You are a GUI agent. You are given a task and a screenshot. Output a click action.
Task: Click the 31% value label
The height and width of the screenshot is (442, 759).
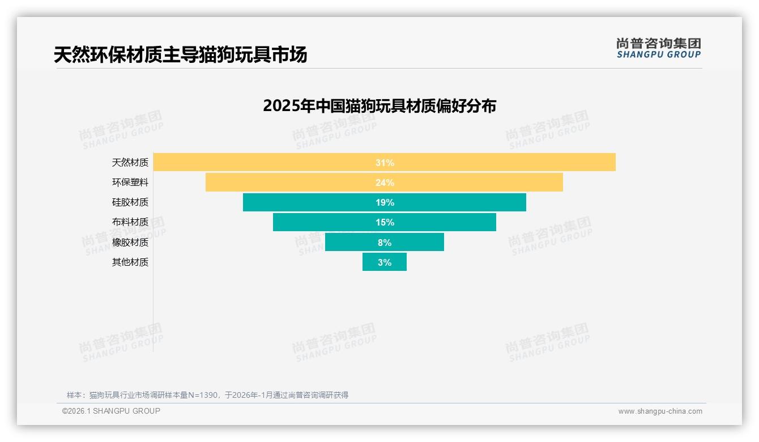[385, 163]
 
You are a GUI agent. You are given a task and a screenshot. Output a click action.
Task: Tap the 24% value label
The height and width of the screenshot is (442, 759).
[385, 182]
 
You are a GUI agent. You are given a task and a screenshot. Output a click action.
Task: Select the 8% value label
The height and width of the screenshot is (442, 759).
[385, 243]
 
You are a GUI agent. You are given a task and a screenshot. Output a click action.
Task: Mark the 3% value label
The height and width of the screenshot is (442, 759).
[385, 262]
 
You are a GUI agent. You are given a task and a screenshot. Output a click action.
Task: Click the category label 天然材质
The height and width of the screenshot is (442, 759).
[130, 163]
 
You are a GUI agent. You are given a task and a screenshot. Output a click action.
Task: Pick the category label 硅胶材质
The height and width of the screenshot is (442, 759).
[130, 202]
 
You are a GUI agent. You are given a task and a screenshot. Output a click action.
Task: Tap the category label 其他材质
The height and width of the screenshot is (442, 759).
[130, 262]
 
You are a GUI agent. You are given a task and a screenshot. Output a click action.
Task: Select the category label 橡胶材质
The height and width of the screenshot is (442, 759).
[130, 243]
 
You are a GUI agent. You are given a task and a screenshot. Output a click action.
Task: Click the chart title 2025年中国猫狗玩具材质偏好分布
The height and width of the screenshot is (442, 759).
[380, 106]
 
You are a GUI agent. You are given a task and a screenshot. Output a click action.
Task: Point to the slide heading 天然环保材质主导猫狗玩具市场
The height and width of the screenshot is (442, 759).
[180, 55]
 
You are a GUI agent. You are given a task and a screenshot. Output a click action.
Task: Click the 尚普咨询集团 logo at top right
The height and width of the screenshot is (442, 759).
[658, 48]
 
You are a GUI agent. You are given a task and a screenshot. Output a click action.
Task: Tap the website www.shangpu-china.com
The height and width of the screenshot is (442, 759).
[660, 411]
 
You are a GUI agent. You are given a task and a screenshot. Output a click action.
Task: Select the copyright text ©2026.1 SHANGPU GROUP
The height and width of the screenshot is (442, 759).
[111, 411]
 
